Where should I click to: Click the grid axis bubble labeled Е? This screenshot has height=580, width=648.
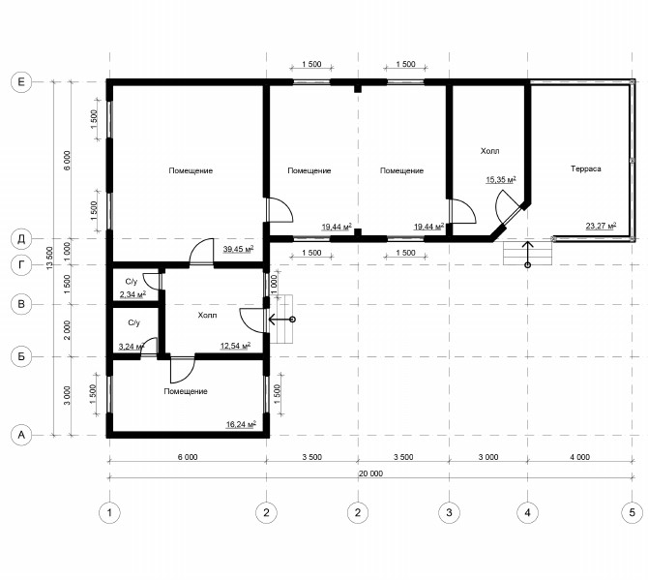(21, 82)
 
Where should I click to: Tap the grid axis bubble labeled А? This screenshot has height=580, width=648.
(21, 435)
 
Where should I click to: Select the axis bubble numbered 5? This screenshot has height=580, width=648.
(632, 512)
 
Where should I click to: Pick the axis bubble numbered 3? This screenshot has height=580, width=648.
(449, 512)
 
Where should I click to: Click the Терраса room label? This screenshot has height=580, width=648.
(585, 168)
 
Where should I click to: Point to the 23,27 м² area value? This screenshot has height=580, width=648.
(601, 226)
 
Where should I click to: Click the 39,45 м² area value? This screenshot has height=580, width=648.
(238, 249)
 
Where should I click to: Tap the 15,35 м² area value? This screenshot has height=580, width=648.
(501, 179)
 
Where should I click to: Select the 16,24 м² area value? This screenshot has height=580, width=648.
(241, 424)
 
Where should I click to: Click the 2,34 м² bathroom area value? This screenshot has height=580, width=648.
(133, 294)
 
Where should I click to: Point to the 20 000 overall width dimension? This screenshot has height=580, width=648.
(370, 473)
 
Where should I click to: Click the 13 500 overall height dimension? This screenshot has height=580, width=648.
(49, 259)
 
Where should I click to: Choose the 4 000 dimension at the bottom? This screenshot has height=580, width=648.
(579, 457)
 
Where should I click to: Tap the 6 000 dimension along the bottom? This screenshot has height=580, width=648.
(188, 457)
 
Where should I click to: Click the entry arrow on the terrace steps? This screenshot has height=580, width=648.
(527, 254)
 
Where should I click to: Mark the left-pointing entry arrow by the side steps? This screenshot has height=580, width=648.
(281, 320)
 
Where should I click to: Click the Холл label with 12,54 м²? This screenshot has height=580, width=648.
(207, 316)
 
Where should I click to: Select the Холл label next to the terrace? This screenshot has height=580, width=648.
(489, 151)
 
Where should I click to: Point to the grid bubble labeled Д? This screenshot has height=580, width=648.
(21, 239)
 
